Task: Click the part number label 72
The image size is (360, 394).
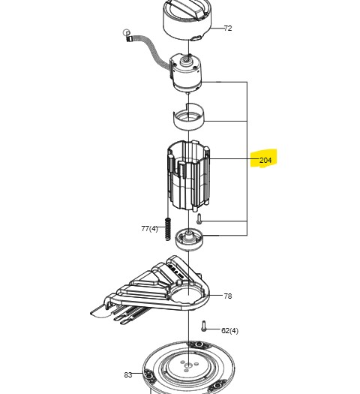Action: click(228, 29)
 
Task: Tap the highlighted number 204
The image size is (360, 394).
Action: click(265, 160)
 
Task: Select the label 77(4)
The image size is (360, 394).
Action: click(149, 229)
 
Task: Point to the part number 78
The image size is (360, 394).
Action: click(228, 296)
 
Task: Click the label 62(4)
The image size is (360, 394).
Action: click(229, 330)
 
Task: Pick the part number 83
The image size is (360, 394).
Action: click(128, 375)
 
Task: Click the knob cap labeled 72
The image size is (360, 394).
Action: click(187, 20)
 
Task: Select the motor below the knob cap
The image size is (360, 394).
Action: click(186, 73)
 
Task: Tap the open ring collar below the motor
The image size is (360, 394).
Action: click(189, 116)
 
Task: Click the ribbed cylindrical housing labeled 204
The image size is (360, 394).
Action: click(188, 176)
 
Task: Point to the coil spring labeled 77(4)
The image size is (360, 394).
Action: click(168, 228)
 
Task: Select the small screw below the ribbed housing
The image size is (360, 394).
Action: click(199, 218)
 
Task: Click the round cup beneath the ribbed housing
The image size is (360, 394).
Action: click(189, 239)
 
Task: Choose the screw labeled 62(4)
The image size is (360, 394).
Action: click(203, 326)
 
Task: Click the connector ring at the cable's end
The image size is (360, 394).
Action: click(127, 32)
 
